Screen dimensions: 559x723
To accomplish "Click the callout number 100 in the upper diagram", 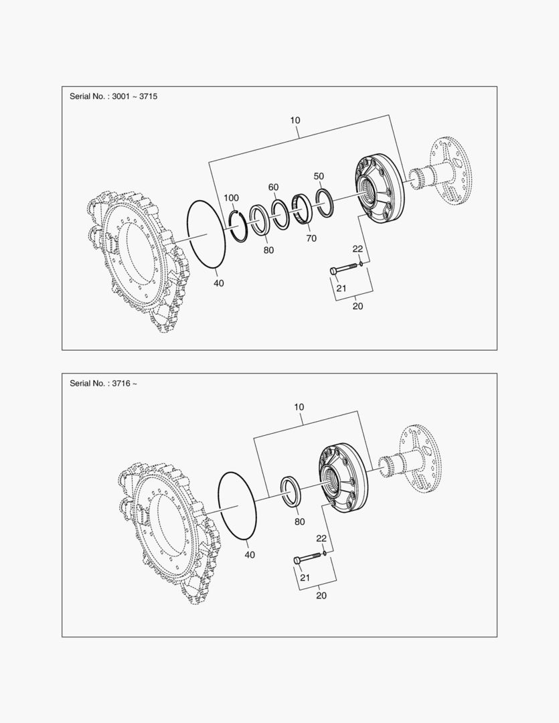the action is click(x=231, y=197).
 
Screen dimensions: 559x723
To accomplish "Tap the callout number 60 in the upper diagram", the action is click(x=274, y=187).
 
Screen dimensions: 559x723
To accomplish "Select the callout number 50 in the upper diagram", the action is click(x=319, y=176).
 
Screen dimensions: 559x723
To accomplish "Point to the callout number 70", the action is click(x=311, y=238).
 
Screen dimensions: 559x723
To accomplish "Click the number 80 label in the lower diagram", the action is click(x=300, y=521).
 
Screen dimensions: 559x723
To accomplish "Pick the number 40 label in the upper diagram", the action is click(x=219, y=283).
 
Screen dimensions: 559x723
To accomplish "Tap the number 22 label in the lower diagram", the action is click(x=321, y=538).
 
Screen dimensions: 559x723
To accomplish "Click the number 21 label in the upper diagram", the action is click(x=341, y=288).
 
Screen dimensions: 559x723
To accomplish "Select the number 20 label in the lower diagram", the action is click(x=321, y=595).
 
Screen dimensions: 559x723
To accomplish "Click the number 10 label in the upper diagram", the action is click(x=295, y=120).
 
